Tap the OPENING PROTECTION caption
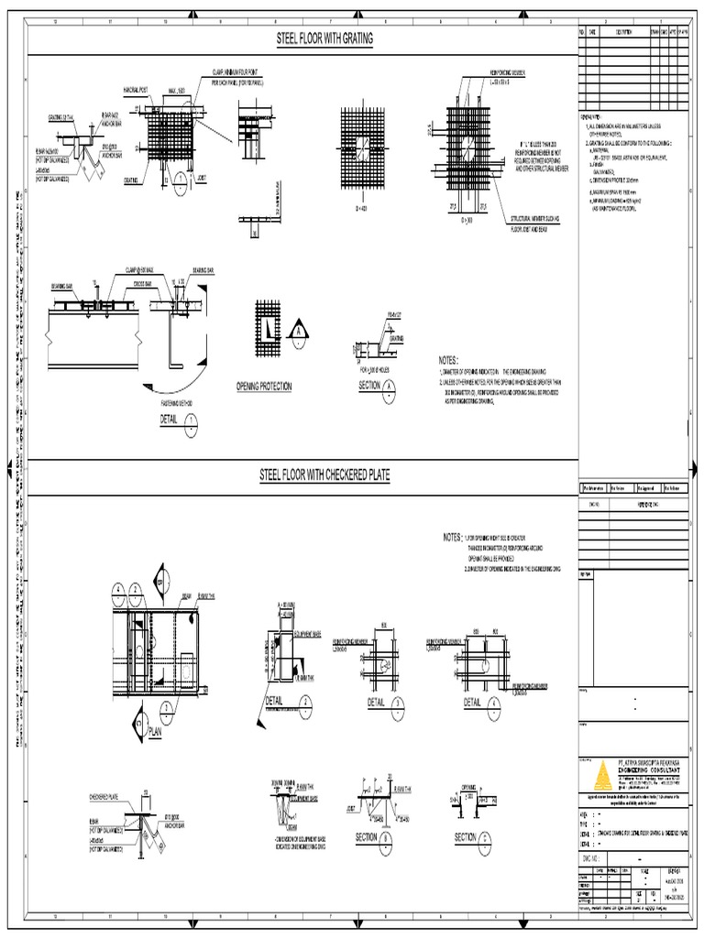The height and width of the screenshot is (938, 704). (263, 387)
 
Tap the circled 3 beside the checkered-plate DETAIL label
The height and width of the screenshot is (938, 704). (399, 702)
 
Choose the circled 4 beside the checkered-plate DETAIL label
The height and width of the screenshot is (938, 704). (496, 702)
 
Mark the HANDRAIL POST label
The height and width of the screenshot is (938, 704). (137, 89)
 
